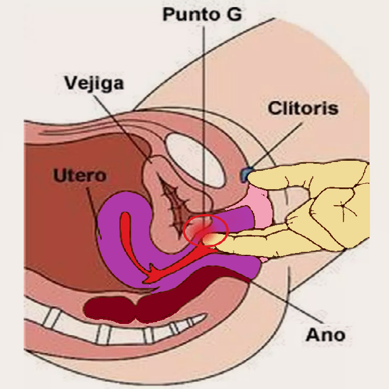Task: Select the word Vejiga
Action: point(95,83)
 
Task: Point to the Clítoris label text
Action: point(303,109)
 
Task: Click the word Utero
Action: point(79,176)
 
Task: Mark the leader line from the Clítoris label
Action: point(278,144)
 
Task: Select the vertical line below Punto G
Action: point(203,118)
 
